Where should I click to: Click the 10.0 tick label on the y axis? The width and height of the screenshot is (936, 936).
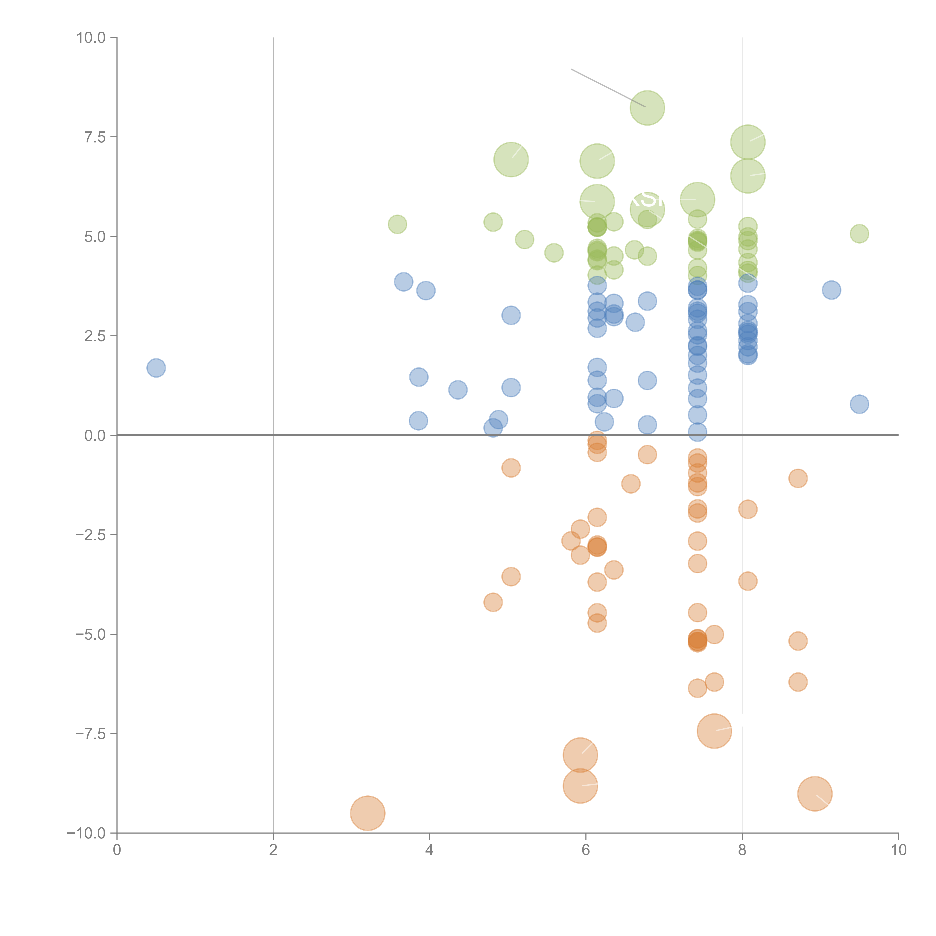[x=91, y=38]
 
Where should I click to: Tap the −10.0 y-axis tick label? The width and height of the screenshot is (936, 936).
[x=87, y=833]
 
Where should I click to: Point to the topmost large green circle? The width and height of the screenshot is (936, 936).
[x=647, y=108]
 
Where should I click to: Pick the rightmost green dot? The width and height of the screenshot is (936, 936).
[x=859, y=233]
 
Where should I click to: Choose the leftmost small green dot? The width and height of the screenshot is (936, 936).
[x=397, y=224]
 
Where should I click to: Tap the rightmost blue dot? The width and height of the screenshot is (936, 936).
[x=859, y=404]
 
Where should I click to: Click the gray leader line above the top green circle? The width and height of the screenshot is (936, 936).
[x=608, y=88]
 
